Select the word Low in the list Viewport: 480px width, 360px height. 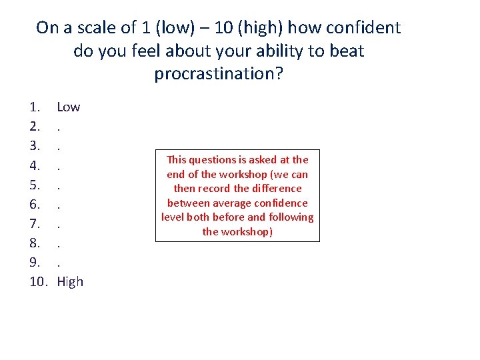(68, 107)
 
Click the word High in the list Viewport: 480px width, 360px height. (70, 282)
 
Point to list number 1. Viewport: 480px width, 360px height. (35, 107)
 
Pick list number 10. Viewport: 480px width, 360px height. (39, 282)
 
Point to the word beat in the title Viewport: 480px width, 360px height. (348, 51)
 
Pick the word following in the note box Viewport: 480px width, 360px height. (288, 217)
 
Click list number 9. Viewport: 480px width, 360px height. (35, 264)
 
